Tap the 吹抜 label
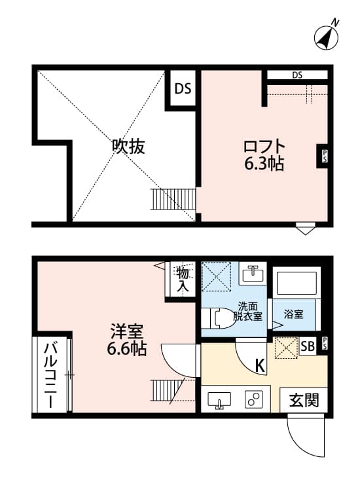pos(128,147)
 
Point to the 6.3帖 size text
pos(264,164)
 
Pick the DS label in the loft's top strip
pos(297,75)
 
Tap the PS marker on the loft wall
pos(323,156)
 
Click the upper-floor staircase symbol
pos(173,199)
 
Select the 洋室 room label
pos(126,331)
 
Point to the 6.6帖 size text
pos(127,349)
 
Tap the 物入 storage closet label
pos(182,279)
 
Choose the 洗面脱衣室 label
pos(249,310)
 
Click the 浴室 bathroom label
pos(293,314)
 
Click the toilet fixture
pos(217,318)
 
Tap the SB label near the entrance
pos(307,346)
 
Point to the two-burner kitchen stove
pos(254,399)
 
